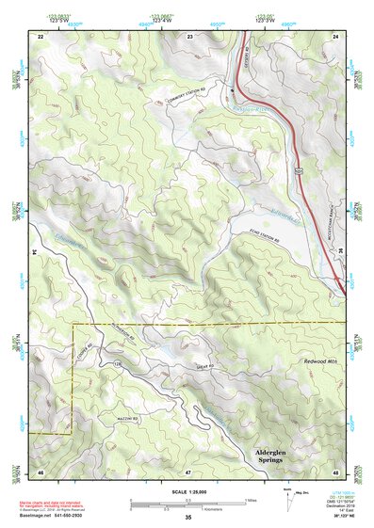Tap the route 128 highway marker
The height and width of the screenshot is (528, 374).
pyautogui.click(x=118, y=364)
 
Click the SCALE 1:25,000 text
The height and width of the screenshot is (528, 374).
pyautogui.click(x=187, y=491)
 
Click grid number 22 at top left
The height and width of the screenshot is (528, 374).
pyautogui.click(x=41, y=35)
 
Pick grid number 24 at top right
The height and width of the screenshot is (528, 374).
pyautogui.click(x=335, y=35)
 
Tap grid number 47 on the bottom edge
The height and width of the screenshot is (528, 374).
pyautogui.click(x=187, y=471)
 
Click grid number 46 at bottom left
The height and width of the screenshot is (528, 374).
pyautogui.click(x=41, y=471)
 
